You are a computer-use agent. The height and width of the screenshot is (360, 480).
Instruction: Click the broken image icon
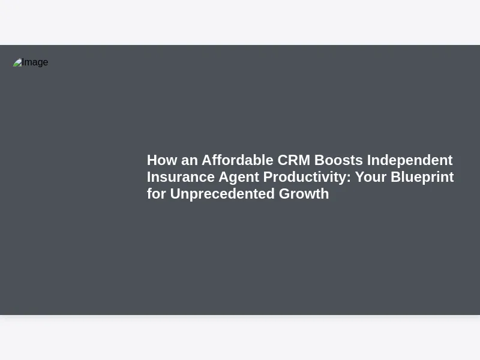pyautogui.click(x=17, y=62)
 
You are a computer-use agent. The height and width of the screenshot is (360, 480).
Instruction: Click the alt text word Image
pyautogui.click(x=35, y=62)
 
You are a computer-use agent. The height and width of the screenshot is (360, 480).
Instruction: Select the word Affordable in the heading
pyautogui.click(x=237, y=160)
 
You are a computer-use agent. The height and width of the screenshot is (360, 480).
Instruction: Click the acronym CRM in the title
pyautogui.click(x=294, y=160)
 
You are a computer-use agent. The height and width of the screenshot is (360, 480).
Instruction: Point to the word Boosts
pyautogui.click(x=338, y=160)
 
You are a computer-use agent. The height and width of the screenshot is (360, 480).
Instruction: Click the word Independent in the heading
pyautogui.click(x=410, y=160)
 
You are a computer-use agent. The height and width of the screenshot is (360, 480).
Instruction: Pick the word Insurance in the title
pyautogui.click(x=181, y=177)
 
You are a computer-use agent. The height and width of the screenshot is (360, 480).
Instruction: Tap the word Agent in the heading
pyautogui.click(x=239, y=178)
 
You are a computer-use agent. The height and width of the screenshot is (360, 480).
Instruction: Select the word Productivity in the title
pyautogui.click(x=305, y=178)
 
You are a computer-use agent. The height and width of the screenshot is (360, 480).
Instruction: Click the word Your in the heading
pyautogui.click(x=371, y=177)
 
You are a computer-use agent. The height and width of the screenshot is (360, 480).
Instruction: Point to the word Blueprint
pyautogui.click(x=422, y=178)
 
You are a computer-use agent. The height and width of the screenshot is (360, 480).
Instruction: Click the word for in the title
pyautogui.click(x=157, y=194)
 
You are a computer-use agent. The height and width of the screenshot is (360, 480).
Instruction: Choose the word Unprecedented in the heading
pyautogui.click(x=222, y=194)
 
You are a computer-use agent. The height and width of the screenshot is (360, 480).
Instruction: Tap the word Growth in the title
pyautogui.click(x=304, y=194)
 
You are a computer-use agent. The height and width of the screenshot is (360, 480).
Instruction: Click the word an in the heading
pyautogui.click(x=189, y=161)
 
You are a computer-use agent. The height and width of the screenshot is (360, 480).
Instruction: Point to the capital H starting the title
pyautogui.click(x=152, y=160)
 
